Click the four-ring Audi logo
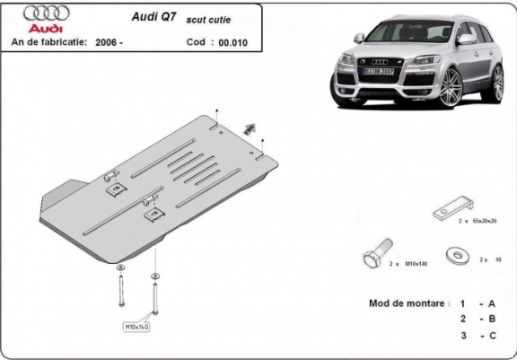[x=41, y=15]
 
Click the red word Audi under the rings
[x=41, y=29]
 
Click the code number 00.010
[x=230, y=42]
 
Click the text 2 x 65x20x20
[x=477, y=221]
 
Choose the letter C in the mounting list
[x=492, y=335]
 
